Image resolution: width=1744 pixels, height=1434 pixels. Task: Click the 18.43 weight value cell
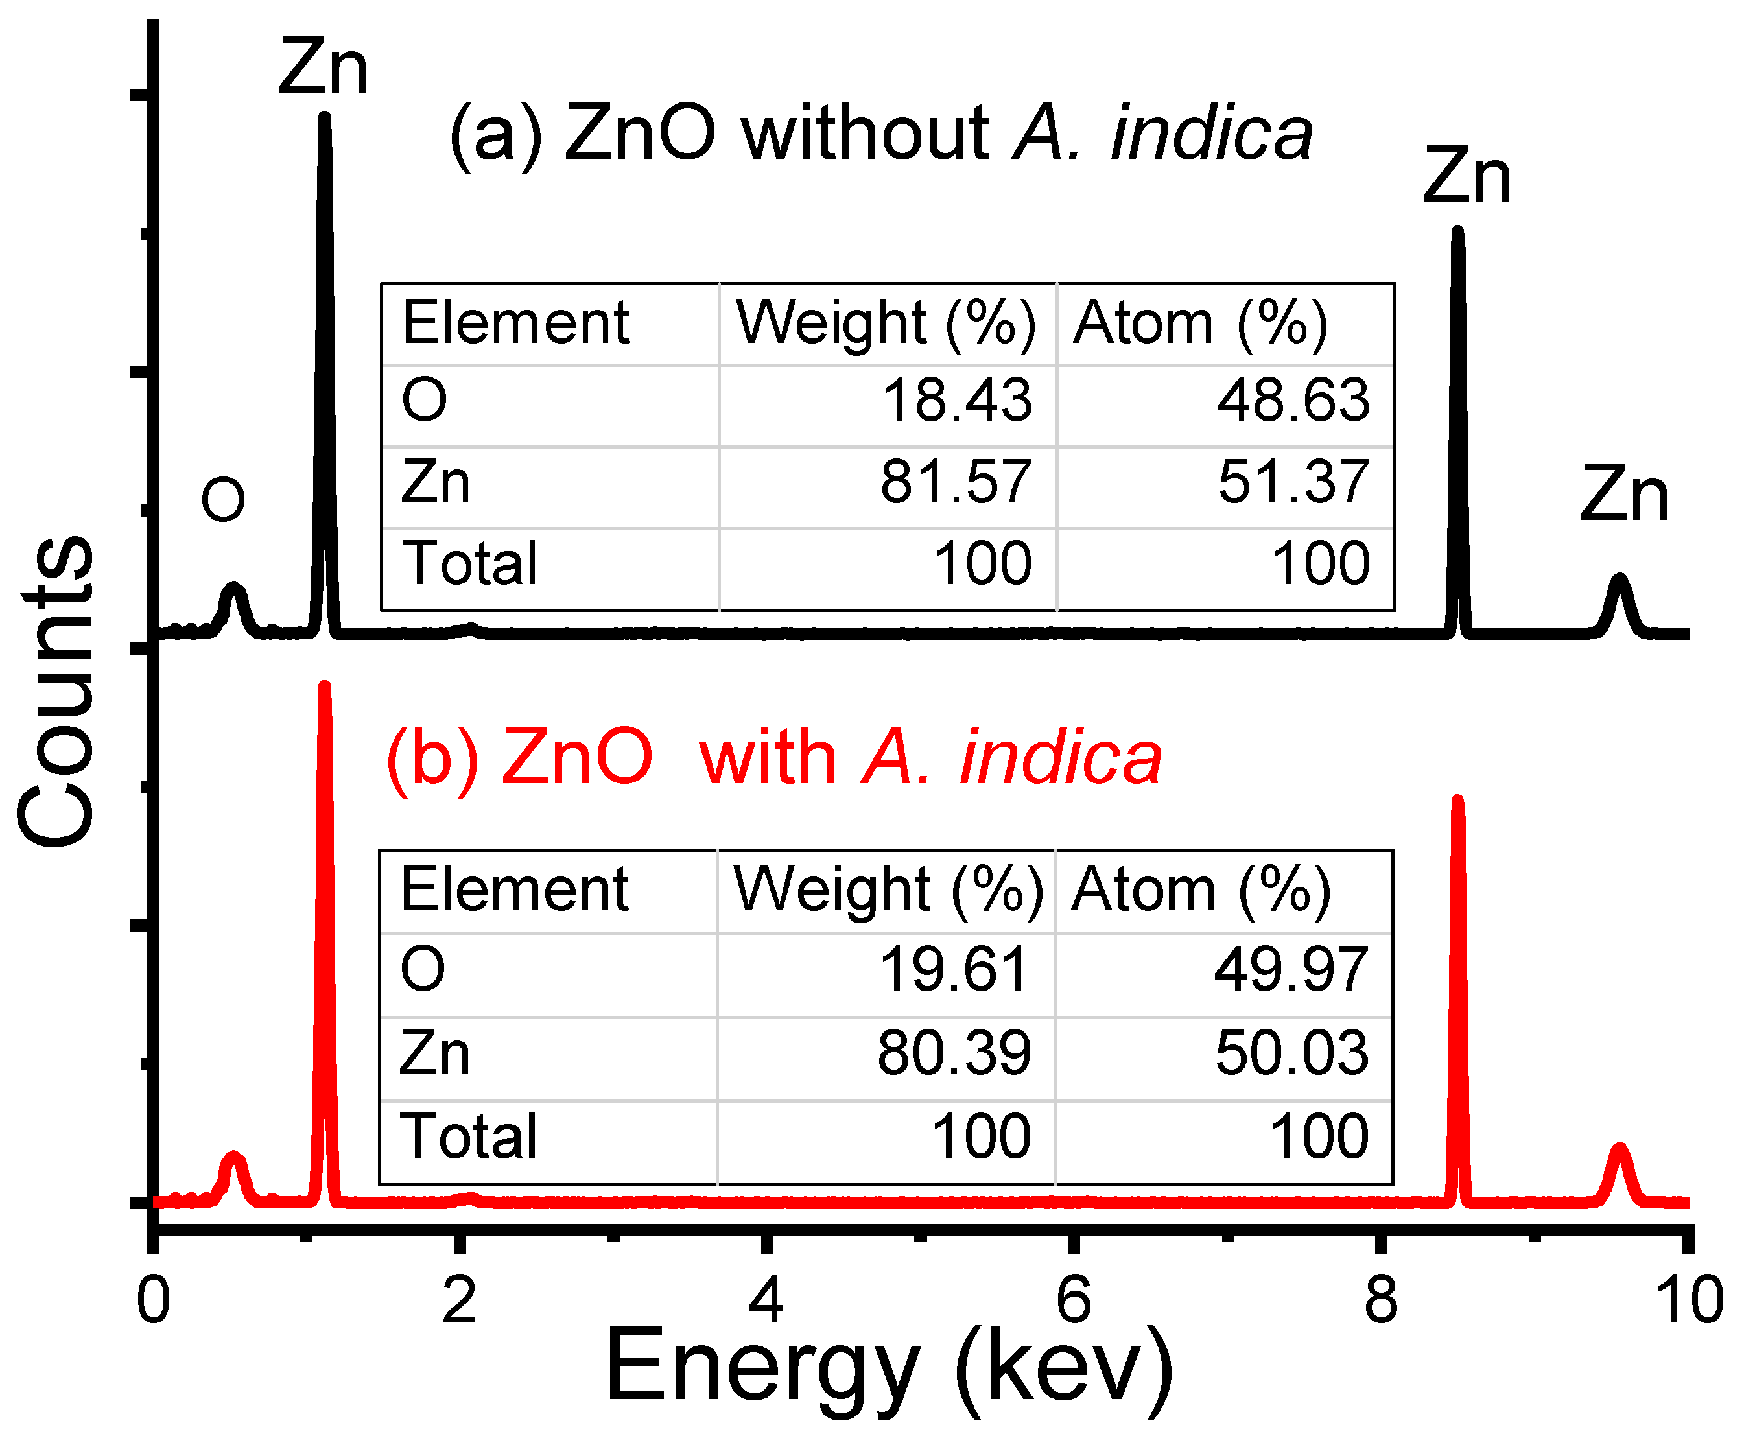tap(957, 401)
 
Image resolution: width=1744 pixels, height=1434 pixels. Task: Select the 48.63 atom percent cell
tap(1293, 401)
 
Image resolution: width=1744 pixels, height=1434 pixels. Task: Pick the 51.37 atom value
tap(1293, 482)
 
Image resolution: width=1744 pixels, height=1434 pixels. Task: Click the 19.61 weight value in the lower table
tap(954, 969)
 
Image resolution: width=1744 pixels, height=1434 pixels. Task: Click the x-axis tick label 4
tap(766, 1299)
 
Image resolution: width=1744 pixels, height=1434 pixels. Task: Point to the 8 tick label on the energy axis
tap(1380, 1299)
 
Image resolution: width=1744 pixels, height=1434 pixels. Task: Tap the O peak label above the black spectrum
tap(223, 500)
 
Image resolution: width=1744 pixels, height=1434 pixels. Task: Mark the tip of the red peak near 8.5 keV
tap(1457, 801)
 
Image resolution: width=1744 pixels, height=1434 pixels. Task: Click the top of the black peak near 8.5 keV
tap(1457, 232)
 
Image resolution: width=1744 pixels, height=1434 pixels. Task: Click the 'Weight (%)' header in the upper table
tap(886, 322)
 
